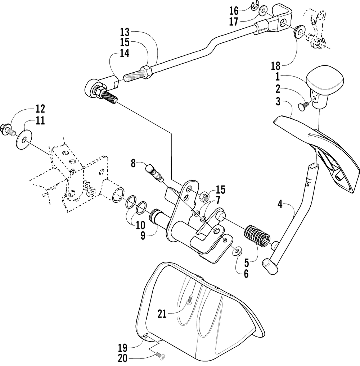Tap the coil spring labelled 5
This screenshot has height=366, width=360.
(257, 236)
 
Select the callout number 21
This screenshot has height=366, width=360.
(162, 314)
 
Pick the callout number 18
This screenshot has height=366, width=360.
(276, 66)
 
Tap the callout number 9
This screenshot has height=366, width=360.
(143, 235)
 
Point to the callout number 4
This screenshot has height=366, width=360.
(280, 205)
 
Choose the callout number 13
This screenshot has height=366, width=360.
(125, 32)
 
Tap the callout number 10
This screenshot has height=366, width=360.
(140, 225)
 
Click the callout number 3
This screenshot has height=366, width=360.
(278, 102)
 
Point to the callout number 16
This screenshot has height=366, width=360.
(234, 11)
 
